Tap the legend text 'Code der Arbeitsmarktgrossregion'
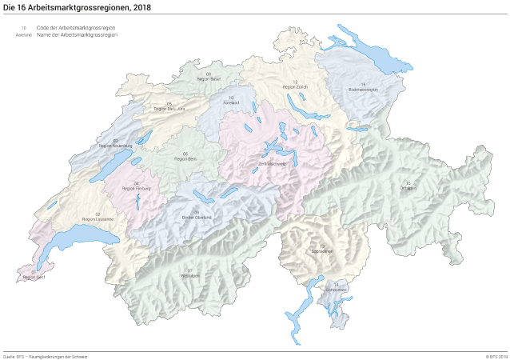pyautogui.click(x=77, y=28)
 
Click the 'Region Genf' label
pyautogui.click(x=34, y=277)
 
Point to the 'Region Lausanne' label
pyautogui.click(x=98, y=218)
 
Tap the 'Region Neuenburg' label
pyautogui.click(x=115, y=146)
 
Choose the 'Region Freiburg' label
pyautogui.click(x=137, y=189)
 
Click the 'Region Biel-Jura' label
pyautogui.click(x=169, y=108)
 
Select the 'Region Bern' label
pyautogui.click(x=185, y=158)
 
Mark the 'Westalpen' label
pyautogui.click(x=189, y=274)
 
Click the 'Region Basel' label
pyautogui.click(x=208, y=79)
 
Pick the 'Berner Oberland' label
pyautogui.click(x=197, y=217)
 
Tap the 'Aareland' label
pyautogui.click(x=231, y=103)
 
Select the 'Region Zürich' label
pyautogui.click(x=295, y=86)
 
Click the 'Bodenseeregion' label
pyautogui.click(x=362, y=90)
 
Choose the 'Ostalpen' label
pyautogui.click(x=408, y=188)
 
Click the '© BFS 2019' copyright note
pyautogui.click(x=496, y=355)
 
